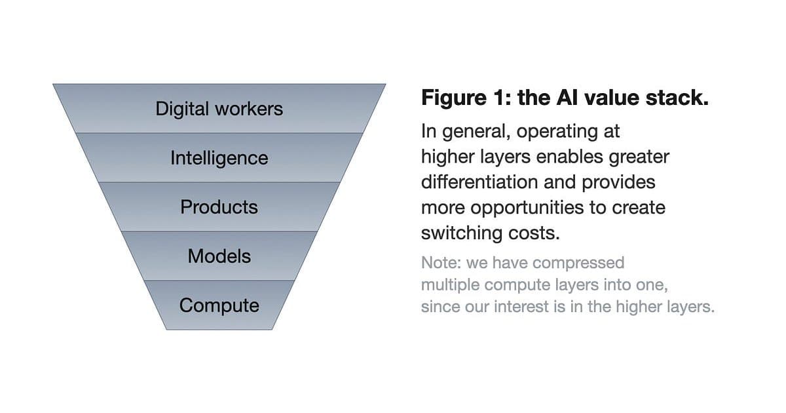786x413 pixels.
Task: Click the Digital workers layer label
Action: coord(219,109)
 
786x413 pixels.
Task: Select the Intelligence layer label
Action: coord(219,158)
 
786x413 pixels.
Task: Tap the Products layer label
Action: coord(219,207)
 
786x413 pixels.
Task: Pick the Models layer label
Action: coord(219,256)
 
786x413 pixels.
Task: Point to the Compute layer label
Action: coord(219,305)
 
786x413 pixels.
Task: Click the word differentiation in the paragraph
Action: coord(479,182)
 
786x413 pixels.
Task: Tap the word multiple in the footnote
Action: coord(450,285)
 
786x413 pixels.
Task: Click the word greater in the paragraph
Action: coord(639,157)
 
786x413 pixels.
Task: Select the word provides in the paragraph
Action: coord(618,183)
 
